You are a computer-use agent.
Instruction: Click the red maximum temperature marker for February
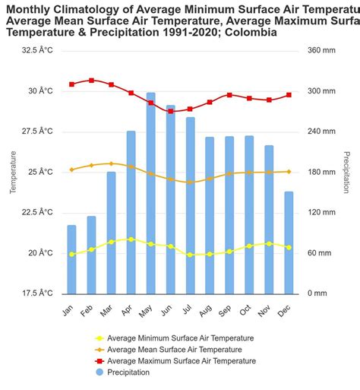(x=91, y=80)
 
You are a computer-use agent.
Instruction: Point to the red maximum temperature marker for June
(x=170, y=111)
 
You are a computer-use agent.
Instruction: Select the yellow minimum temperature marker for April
(x=131, y=239)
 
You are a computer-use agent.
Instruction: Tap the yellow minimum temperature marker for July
(x=190, y=255)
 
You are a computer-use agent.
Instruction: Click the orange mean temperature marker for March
(x=111, y=163)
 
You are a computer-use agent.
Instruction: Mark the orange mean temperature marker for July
(x=190, y=182)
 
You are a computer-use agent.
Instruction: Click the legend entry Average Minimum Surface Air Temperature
(x=181, y=338)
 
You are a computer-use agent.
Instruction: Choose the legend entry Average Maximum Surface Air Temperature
(x=182, y=361)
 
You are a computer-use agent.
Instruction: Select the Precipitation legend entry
(x=128, y=373)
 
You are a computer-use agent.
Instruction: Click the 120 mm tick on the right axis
(x=321, y=212)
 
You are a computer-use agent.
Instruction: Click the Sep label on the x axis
(x=228, y=309)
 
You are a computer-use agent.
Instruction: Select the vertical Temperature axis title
(x=13, y=171)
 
